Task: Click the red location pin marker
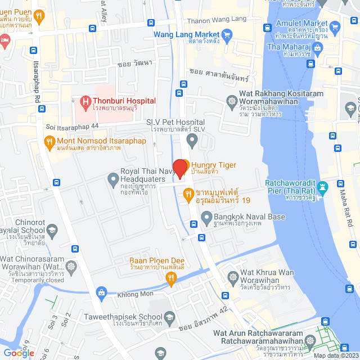pos(180,169)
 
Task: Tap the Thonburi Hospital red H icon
pos(85,102)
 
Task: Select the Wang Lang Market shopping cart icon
pos(227,35)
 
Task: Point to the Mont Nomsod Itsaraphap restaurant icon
pos(49,142)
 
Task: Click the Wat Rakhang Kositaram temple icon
pos(231,101)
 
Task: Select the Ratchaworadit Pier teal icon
pos(323,186)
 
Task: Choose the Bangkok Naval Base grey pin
pos(207,217)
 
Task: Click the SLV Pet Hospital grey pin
pos(192,138)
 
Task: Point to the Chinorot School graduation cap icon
pos(52,229)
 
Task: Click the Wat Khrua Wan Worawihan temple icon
pos(233,277)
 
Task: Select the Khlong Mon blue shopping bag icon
pos(101,292)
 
